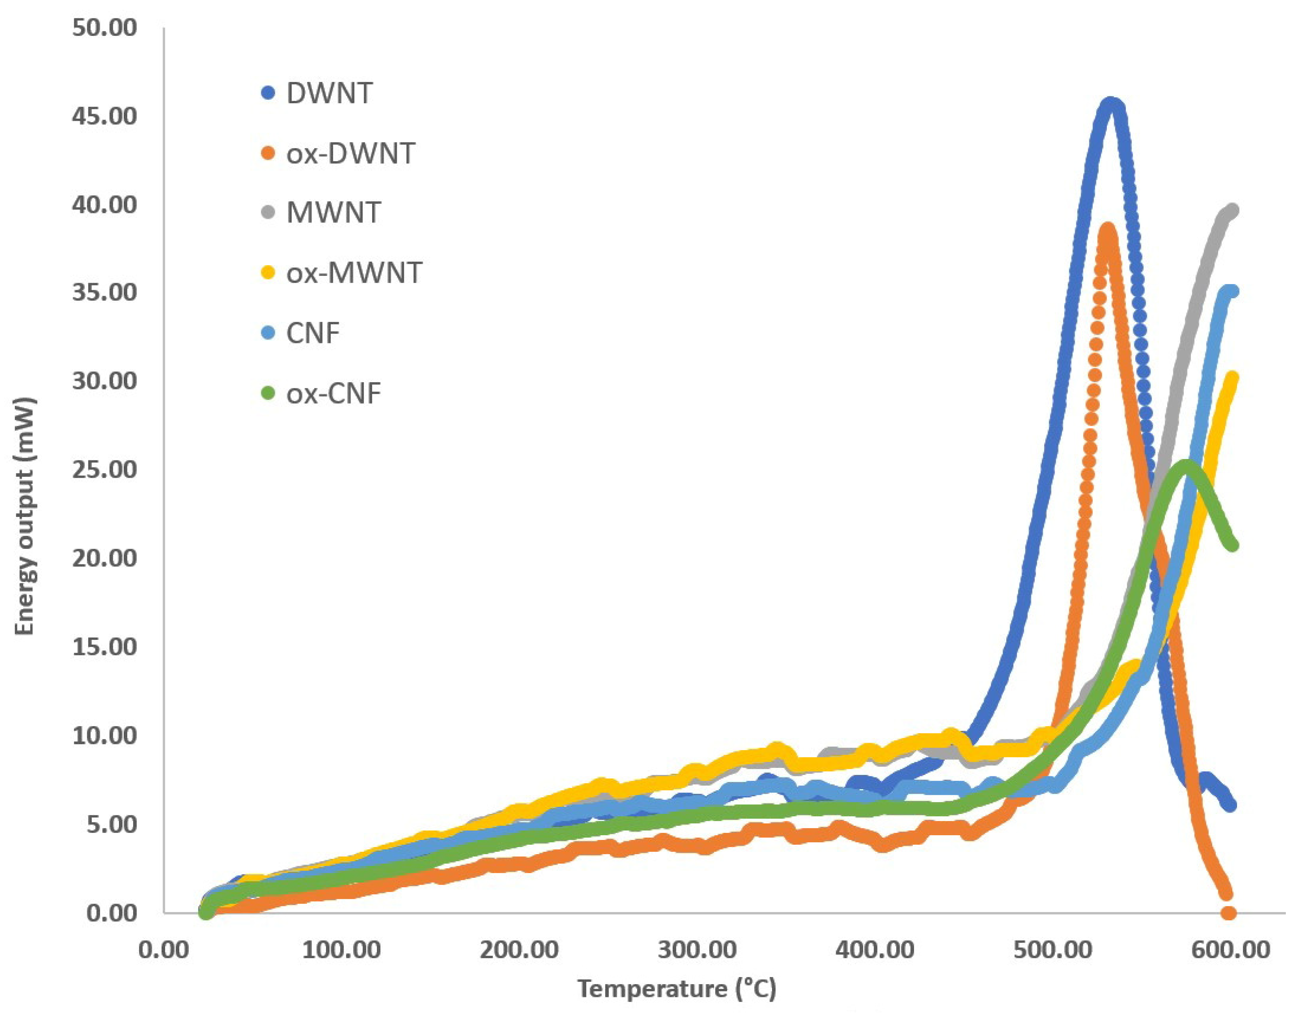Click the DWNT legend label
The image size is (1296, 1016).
coord(329,93)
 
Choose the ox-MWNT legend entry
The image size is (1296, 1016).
coord(353,273)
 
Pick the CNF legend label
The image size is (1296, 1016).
coord(312,333)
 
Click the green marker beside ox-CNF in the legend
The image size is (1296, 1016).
coord(268,393)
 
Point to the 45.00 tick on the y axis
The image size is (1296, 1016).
coord(104,116)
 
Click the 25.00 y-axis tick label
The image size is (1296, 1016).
coord(104,470)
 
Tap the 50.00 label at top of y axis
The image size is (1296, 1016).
coord(104,28)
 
